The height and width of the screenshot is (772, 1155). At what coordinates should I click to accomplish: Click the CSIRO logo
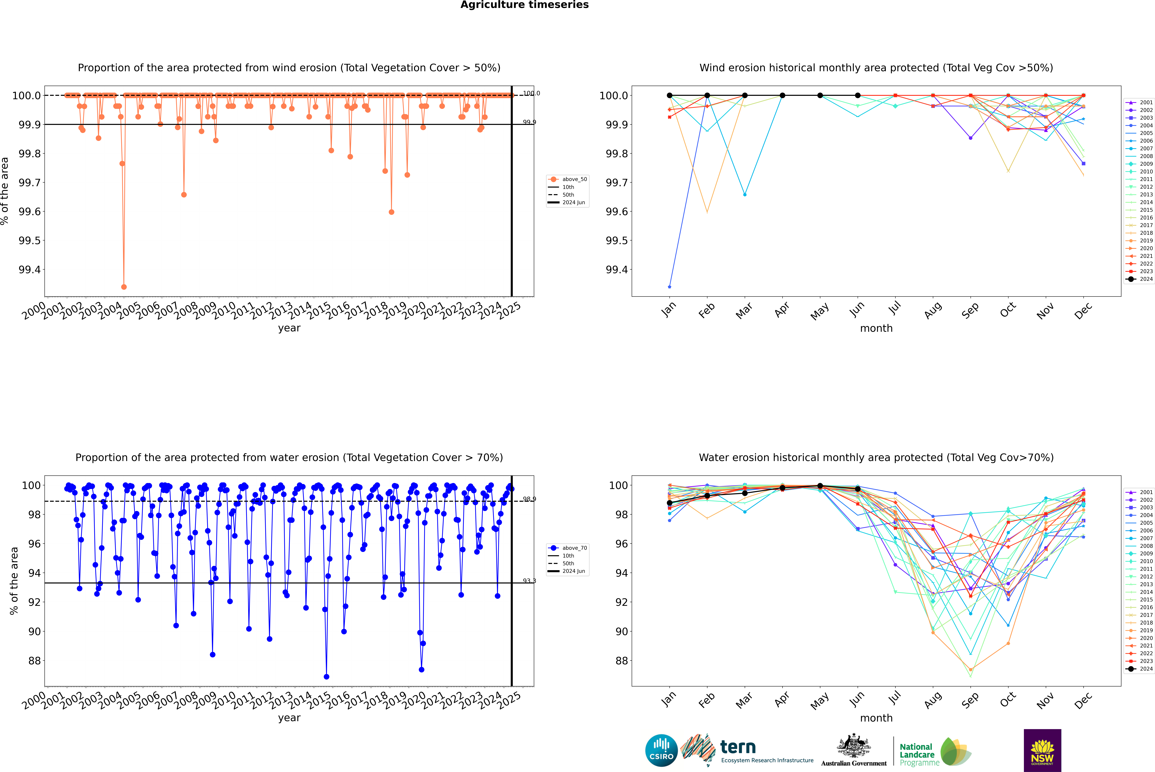click(x=661, y=750)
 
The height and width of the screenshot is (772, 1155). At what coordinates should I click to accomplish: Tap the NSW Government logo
click(x=1042, y=750)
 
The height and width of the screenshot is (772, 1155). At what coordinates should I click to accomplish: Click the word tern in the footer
click(x=737, y=747)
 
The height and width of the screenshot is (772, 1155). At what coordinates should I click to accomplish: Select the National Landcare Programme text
click(x=917, y=754)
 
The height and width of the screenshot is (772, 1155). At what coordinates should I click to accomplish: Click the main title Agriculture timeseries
click(x=524, y=5)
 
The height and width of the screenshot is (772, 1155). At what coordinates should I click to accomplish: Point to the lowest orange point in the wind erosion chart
click(x=124, y=287)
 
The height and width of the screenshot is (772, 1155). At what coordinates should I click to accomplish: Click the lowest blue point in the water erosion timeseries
click(x=326, y=676)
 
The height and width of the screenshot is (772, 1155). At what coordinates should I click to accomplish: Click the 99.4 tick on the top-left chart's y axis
click(x=30, y=270)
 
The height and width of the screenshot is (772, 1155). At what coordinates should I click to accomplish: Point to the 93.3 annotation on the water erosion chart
click(x=529, y=581)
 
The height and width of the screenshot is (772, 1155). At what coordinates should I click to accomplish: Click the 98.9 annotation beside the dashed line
click(x=529, y=499)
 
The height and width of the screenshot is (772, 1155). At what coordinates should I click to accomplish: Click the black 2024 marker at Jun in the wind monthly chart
click(x=858, y=96)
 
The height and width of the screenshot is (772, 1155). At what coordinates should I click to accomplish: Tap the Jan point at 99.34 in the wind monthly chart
click(x=670, y=287)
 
